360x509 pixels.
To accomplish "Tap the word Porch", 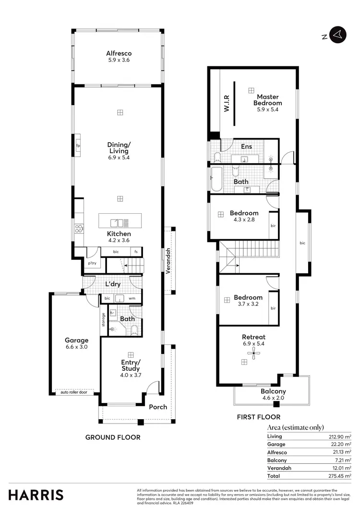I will point(158,407).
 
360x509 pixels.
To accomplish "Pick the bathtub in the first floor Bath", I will point(215,181).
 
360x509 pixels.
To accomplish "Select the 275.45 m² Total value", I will point(341,475).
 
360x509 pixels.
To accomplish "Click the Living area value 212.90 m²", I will point(341,436).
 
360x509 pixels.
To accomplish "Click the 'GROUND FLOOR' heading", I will point(113,437).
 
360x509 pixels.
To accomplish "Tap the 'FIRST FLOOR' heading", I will point(259,417).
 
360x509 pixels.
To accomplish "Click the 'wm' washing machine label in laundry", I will point(132,298).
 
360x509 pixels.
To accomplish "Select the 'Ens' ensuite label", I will point(246,146).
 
